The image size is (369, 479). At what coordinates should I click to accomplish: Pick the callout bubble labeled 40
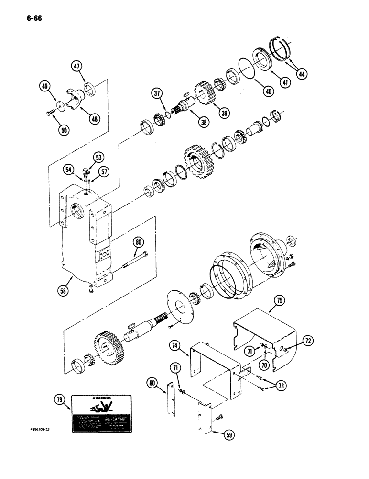point(269,91)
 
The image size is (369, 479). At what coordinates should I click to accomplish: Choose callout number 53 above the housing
point(98,157)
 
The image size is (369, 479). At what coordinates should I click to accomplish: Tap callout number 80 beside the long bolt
point(138,242)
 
